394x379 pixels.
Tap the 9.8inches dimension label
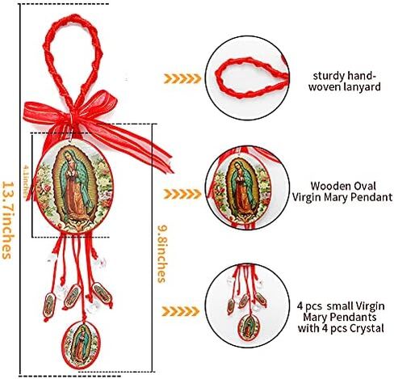point(162,254)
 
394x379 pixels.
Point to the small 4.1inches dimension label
point(26,181)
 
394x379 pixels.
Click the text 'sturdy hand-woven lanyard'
point(344,81)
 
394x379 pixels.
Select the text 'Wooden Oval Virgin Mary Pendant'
point(342,192)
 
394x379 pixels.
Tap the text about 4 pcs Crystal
point(341,317)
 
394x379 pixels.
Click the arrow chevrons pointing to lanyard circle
point(182,78)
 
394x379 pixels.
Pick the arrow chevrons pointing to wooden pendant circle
point(182,194)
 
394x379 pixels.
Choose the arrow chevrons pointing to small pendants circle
point(181,311)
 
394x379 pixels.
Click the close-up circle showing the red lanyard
point(247,78)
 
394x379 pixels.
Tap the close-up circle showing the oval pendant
point(247,187)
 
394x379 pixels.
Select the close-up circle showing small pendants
point(247,305)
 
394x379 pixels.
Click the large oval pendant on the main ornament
point(74,187)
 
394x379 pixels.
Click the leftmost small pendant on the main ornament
point(49,305)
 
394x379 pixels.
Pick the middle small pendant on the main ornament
point(72,297)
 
